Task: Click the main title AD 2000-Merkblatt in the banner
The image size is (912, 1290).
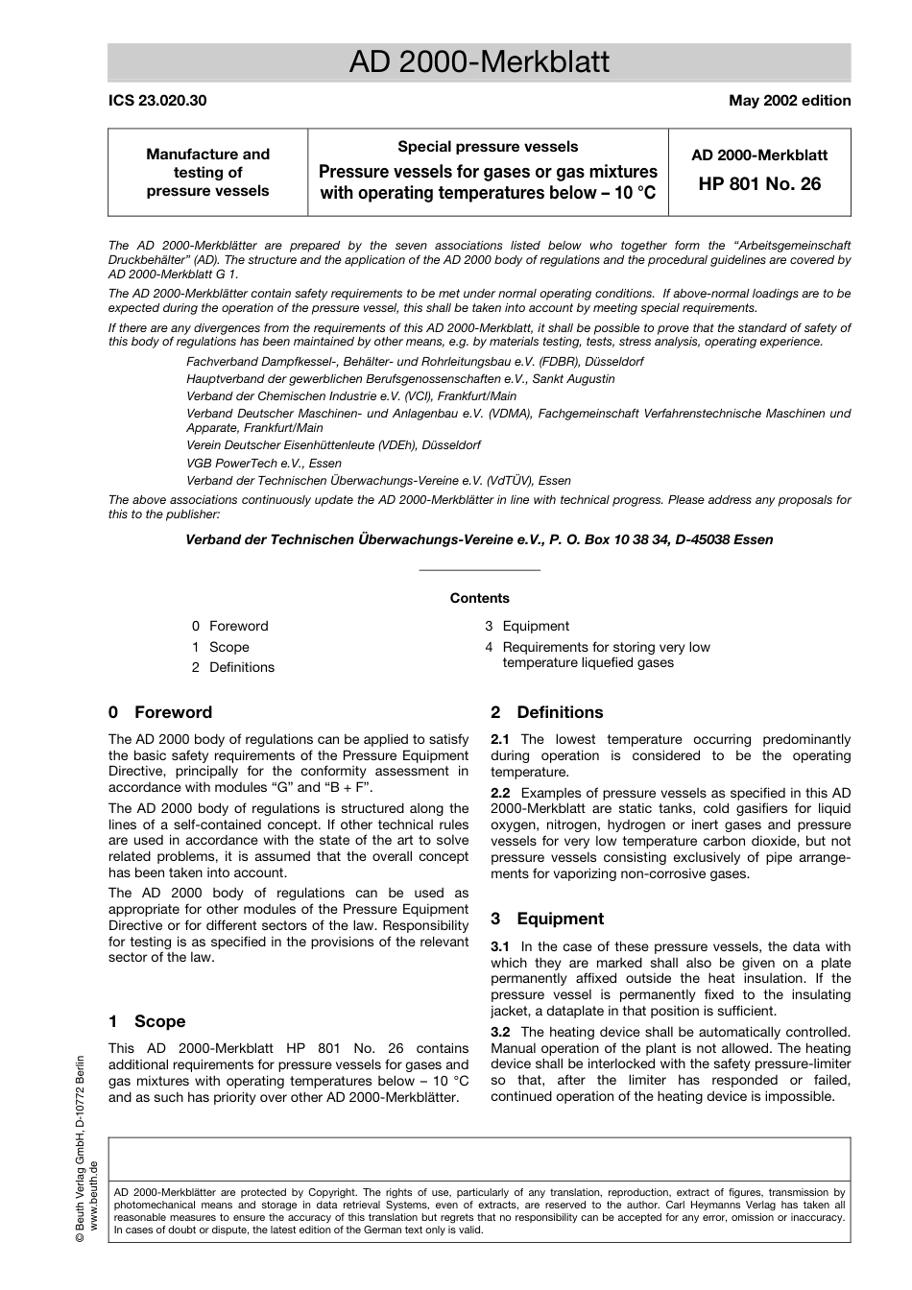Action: [x=479, y=62]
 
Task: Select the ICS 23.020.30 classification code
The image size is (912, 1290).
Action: [x=156, y=101]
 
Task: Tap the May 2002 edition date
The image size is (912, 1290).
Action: [x=789, y=101]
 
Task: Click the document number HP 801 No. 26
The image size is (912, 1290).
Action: [x=759, y=183]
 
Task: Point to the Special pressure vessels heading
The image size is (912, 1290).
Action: [x=488, y=147]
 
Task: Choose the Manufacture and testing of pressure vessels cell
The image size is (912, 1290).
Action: [x=207, y=173]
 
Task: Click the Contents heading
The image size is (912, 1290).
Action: [x=479, y=598]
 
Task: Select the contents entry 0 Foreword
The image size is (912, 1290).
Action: [x=230, y=626]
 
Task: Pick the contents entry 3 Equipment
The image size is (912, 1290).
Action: [x=527, y=626]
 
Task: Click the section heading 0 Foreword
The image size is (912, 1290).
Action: [x=160, y=712]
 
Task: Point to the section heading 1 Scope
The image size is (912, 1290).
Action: [x=147, y=1021]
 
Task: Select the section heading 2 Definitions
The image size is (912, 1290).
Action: [x=547, y=712]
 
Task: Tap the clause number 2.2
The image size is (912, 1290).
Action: [x=500, y=793]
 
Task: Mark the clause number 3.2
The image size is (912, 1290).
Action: [x=500, y=1033]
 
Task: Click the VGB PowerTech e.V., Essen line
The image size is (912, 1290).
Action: [x=264, y=464]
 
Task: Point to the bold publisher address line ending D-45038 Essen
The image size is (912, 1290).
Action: [x=479, y=539]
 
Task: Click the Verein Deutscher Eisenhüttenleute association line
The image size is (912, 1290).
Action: [x=333, y=445]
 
